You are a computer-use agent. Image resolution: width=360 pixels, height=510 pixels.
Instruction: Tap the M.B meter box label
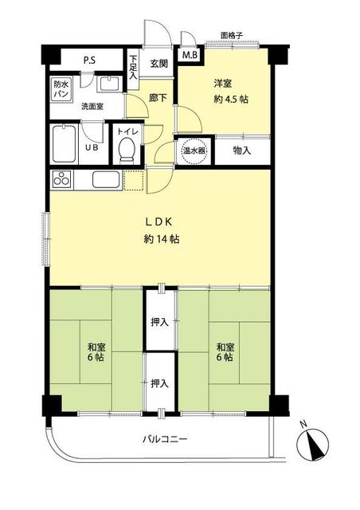[190, 56]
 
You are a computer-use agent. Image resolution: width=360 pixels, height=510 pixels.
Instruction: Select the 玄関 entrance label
[158, 64]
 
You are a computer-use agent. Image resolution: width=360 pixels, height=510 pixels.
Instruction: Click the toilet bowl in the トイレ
[126, 150]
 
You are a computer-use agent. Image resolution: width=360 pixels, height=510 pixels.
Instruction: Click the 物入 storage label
[242, 150]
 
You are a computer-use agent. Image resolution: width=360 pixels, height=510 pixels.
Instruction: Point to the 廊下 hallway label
[158, 98]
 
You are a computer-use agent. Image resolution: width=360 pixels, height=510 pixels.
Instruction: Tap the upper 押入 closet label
[159, 322]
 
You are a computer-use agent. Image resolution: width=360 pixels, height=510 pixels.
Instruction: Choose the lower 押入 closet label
[159, 383]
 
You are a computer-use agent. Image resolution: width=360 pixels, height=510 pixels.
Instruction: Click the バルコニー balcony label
[166, 439]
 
